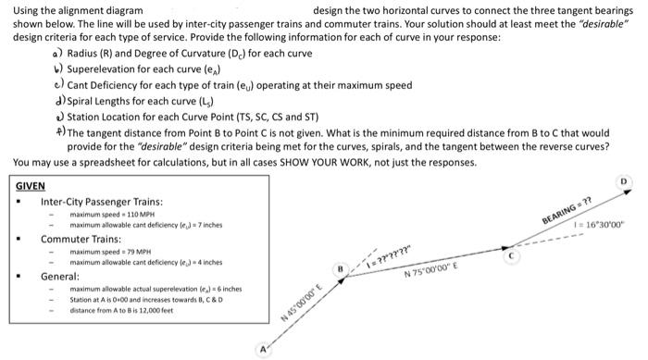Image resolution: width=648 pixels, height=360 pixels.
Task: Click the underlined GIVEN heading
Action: tap(31, 185)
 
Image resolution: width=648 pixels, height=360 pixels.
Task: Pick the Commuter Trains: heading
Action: tap(81, 238)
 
